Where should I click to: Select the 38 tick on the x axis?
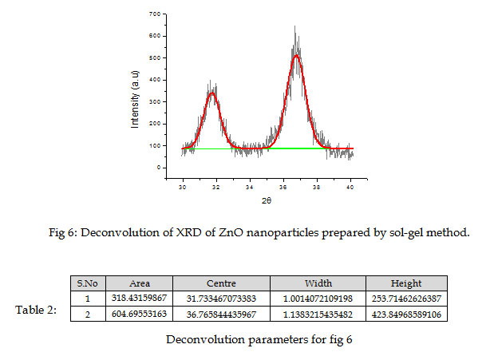point(317,186)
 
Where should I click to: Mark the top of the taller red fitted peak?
point(296,55)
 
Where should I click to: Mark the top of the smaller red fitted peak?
point(212,93)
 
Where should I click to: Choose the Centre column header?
point(221,283)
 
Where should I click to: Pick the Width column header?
point(318,283)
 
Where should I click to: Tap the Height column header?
point(406,283)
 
